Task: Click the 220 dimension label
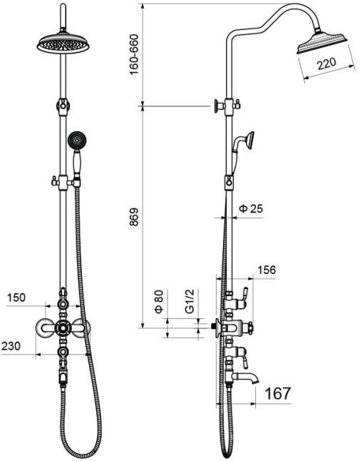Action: click(326, 64)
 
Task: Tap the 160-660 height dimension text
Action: click(133, 55)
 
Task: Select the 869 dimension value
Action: click(133, 217)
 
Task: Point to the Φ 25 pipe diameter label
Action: click(251, 208)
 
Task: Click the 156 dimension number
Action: click(267, 270)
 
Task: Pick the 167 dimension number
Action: click(277, 393)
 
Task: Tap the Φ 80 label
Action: click(159, 301)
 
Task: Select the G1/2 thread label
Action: click(190, 301)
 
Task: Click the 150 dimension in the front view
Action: click(16, 298)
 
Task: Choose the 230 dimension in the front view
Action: click(11, 345)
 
